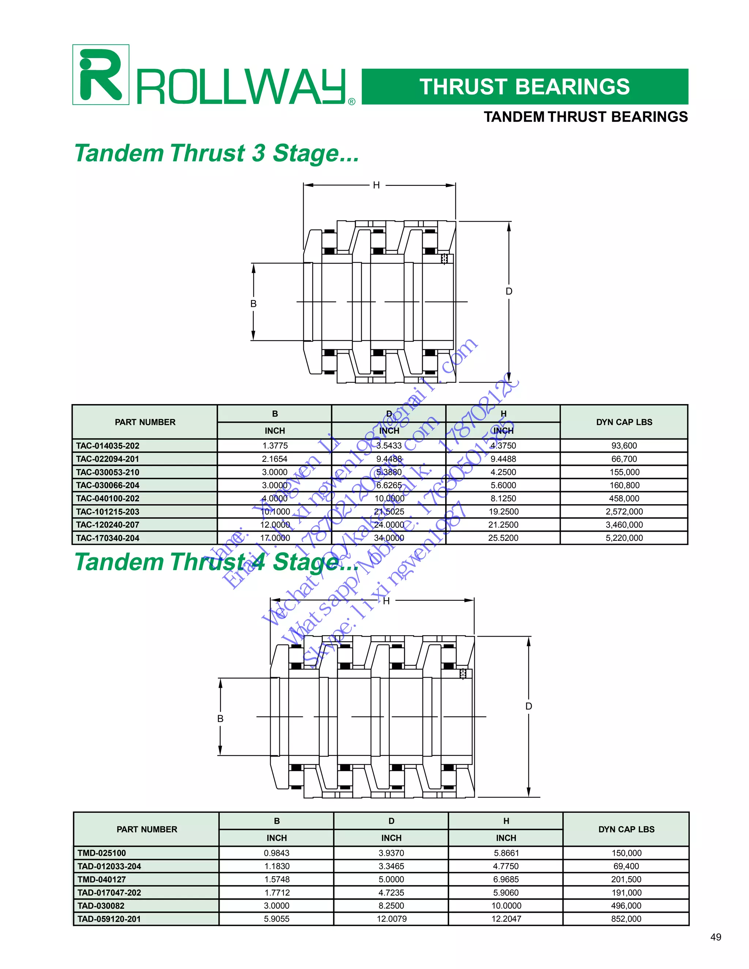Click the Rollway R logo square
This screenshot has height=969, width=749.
(101, 75)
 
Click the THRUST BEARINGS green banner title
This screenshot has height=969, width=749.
(524, 87)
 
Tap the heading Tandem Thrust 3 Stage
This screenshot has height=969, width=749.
(217, 154)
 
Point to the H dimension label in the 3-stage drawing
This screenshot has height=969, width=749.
(376, 185)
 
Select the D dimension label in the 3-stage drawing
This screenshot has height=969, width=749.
(509, 291)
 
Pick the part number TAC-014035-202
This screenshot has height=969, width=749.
(108, 445)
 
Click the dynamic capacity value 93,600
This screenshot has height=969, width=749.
(624, 445)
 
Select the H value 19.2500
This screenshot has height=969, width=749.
(504, 512)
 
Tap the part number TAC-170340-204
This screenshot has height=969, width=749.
(108, 538)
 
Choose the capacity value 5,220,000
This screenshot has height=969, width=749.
(624, 538)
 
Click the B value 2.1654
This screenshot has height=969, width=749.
(275, 459)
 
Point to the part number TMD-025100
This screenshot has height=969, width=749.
(102, 853)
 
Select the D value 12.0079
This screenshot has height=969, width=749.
(391, 919)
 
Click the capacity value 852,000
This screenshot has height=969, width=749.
(626, 919)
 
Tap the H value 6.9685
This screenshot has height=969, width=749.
(506, 879)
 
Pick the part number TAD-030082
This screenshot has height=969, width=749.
(101, 905)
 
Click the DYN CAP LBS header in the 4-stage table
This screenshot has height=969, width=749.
(626, 829)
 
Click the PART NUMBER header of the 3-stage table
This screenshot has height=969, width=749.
(145, 422)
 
